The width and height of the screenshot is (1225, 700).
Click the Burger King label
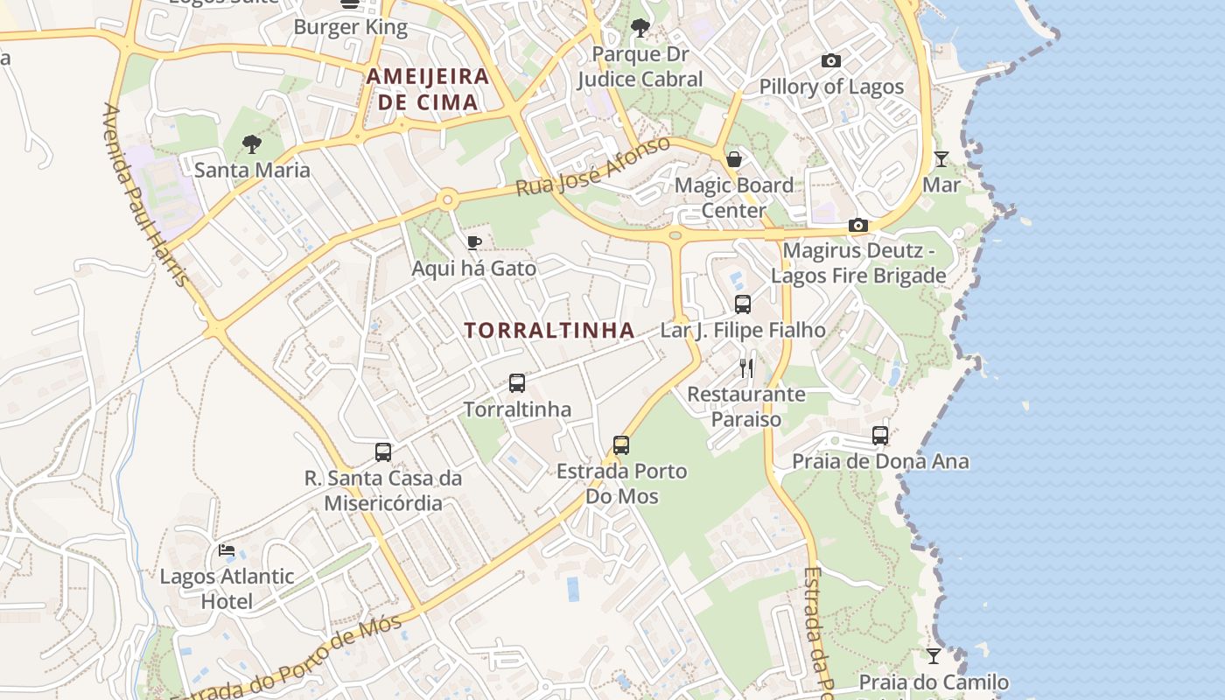[350, 27]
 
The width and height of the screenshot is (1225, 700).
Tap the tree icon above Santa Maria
[252, 144]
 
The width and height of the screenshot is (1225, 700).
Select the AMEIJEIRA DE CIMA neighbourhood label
[427, 88]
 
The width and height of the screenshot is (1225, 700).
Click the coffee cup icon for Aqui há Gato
[473, 242]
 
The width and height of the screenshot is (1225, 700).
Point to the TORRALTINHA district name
[549, 330]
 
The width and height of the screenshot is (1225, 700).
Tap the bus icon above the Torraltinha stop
[517, 383]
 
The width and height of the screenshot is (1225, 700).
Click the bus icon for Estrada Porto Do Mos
[621, 445]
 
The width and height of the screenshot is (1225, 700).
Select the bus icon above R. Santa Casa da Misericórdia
[383, 452]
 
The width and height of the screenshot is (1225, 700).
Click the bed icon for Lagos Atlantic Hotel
[227, 550]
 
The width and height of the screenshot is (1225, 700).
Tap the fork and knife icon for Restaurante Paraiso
[746, 367]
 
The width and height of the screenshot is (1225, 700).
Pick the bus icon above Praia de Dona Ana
[880, 436]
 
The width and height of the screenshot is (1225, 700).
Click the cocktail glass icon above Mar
[941, 159]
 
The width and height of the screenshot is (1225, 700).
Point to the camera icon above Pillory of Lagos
[831, 61]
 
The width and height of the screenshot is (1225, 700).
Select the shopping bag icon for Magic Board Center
[734, 159]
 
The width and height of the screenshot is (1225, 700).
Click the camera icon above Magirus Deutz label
[857, 226]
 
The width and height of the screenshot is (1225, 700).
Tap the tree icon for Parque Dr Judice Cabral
[640, 28]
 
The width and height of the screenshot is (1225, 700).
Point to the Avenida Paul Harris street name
[145, 194]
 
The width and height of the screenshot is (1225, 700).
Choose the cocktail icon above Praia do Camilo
[934, 656]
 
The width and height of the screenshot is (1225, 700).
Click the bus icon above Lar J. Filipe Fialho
[743, 304]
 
